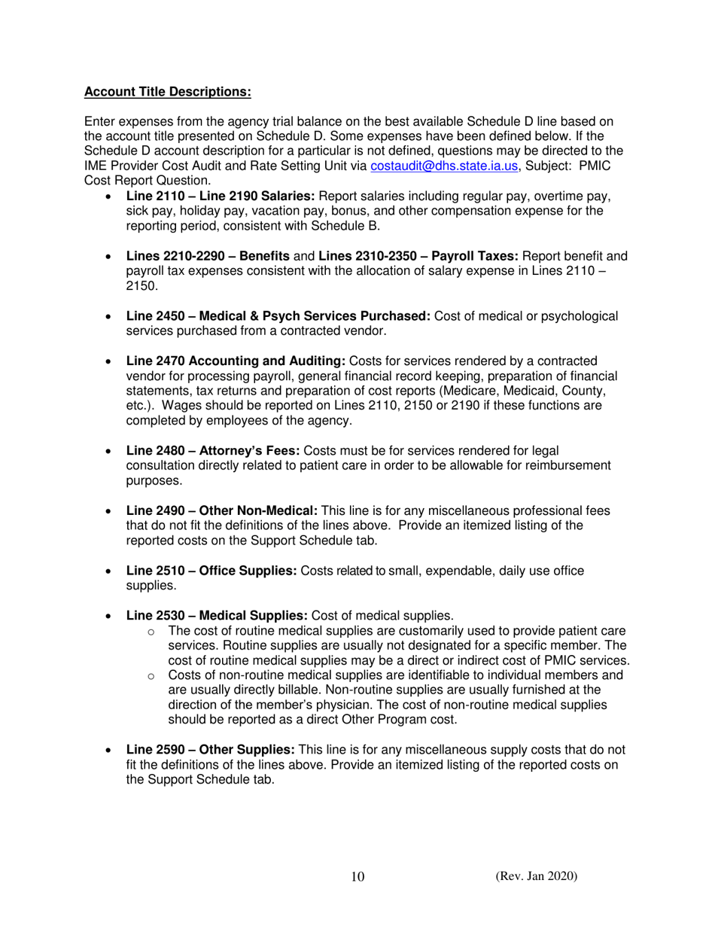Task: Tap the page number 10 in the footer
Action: pyautogui.click(x=357, y=878)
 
